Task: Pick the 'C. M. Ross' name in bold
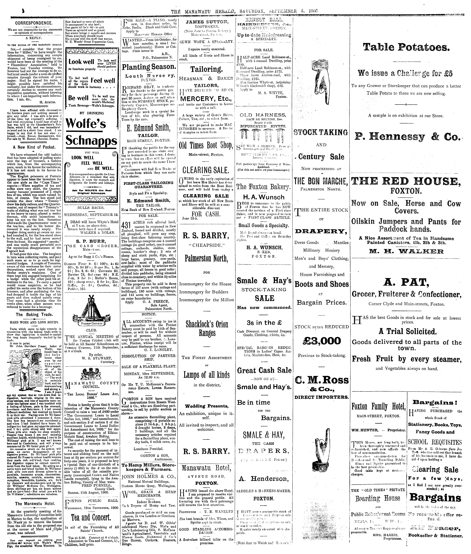click(x=322, y=380)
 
